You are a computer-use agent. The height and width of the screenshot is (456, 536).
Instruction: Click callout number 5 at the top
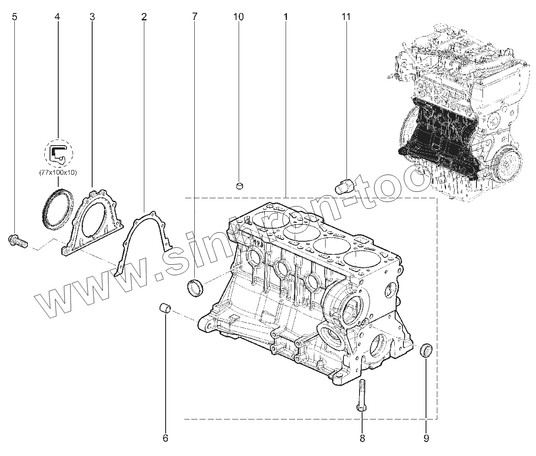click(15, 17)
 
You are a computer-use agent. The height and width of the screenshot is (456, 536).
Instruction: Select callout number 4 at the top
click(57, 17)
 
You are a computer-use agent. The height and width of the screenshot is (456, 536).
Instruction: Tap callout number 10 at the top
click(238, 17)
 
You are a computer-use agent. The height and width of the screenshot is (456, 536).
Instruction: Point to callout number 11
click(346, 17)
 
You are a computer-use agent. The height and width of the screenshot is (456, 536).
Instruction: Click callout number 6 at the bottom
click(165, 438)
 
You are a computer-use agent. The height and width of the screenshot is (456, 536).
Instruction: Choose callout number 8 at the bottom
click(362, 438)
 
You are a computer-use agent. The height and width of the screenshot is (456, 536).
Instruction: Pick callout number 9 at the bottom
click(426, 438)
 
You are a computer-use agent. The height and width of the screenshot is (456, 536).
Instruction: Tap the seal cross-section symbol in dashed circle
click(58, 154)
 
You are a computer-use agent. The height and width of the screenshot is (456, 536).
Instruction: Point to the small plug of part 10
click(240, 186)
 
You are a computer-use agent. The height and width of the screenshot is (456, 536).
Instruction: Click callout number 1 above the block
click(286, 17)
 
